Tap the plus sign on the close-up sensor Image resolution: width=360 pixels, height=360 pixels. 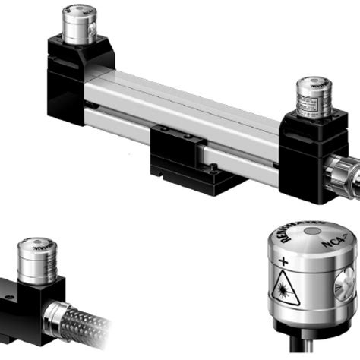[x=283, y=262]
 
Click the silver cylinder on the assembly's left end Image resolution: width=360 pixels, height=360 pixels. [x=75, y=24]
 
